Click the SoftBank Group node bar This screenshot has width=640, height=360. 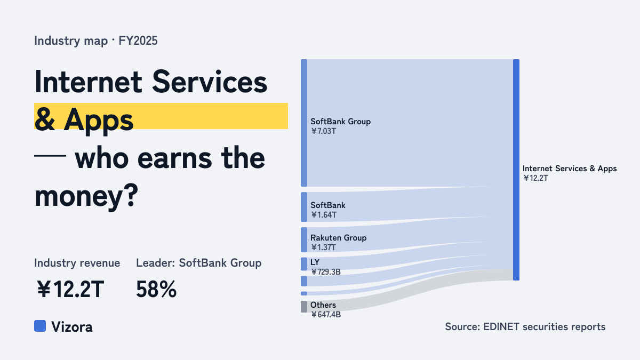(x=304, y=123)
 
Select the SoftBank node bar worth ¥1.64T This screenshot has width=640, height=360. (x=304, y=207)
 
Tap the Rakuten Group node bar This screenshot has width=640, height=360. (x=304, y=239)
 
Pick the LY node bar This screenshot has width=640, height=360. (x=304, y=263)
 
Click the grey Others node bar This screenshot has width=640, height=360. (x=304, y=307)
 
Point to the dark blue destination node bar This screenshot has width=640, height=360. (x=516, y=170)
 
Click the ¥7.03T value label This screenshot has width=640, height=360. (x=323, y=131)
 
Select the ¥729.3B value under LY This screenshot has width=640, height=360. (x=326, y=271)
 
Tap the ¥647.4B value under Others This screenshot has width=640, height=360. (x=326, y=315)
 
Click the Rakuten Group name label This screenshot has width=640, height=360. (x=338, y=238)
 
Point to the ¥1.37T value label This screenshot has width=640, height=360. (x=323, y=247)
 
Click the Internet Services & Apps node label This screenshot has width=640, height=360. (x=570, y=169)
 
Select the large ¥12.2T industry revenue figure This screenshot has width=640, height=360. (x=70, y=289)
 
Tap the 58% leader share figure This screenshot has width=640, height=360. (x=156, y=289)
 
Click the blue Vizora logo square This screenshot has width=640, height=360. (x=40, y=326)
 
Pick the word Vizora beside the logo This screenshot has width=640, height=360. (x=71, y=327)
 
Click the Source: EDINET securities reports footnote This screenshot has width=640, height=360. (x=525, y=326)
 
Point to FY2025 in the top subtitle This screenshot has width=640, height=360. (x=138, y=41)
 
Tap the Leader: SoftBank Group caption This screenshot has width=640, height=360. (x=198, y=263)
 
